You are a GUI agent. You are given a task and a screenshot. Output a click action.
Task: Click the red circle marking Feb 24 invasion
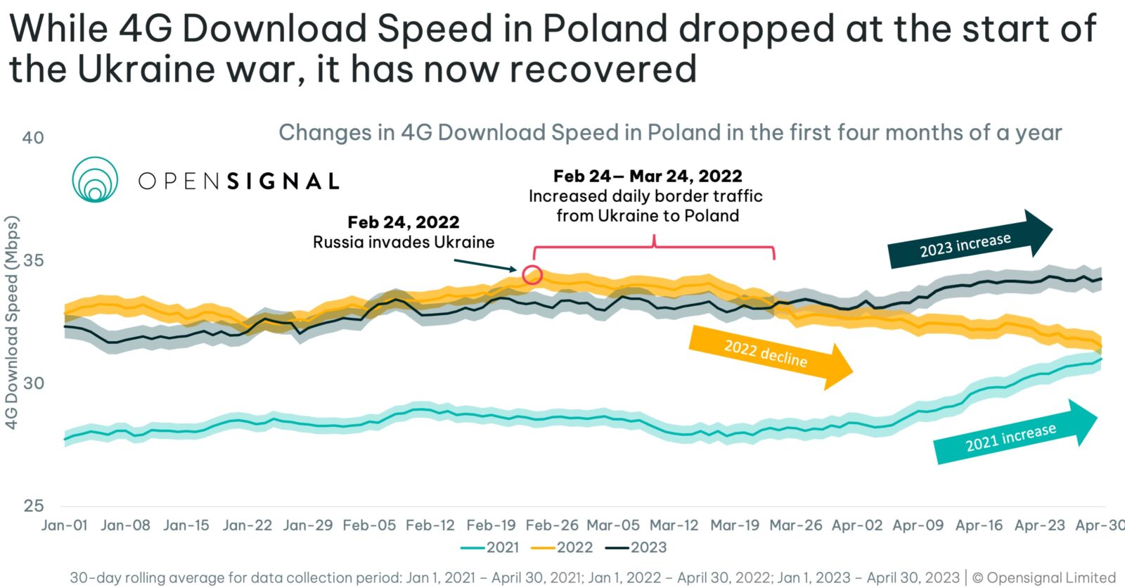[x=532, y=274]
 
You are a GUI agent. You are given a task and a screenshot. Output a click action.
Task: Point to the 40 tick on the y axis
[x=33, y=138]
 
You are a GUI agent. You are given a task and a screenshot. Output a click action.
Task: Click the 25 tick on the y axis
[x=33, y=506]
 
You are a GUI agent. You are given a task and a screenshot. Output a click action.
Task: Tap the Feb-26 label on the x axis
[x=552, y=525]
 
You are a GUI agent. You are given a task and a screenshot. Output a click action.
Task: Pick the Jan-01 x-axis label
[x=65, y=525]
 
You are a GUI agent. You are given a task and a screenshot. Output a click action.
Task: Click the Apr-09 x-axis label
[x=918, y=525]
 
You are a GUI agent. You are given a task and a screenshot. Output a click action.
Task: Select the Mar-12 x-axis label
[x=674, y=525]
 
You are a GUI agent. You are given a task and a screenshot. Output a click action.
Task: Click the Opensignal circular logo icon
[x=95, y=179]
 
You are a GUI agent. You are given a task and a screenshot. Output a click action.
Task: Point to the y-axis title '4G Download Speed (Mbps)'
[x=12, y=322]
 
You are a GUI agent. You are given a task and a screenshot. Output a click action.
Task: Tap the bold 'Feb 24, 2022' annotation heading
[x=404, y=222]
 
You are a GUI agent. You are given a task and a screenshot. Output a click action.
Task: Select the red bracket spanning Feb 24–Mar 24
[x=654, y=248]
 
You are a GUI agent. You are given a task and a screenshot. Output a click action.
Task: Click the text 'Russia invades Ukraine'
[x=404, y=243]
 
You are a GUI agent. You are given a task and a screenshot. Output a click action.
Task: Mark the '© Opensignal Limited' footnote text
[x=1044, y=577]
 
